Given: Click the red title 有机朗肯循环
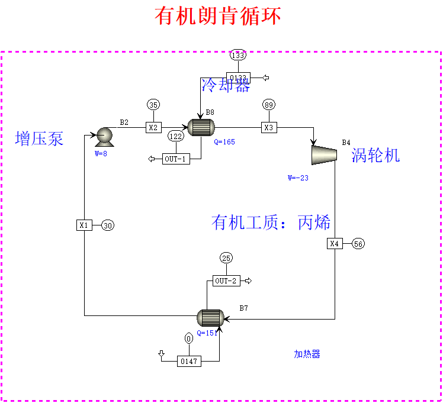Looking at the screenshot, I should click(x=218, y=16).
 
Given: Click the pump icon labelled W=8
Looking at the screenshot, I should click(x=105, y=137).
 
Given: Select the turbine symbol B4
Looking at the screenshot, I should click(x=324, y=154).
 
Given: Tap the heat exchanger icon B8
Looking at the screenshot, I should click(x=200, y=127).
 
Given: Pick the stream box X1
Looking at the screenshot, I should click(x=84, y=225).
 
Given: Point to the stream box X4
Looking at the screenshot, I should click(x=335, y=243).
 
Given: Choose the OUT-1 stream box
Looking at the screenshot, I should click(x=176, y=159).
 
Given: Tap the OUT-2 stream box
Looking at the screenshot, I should click(x=226, y=281).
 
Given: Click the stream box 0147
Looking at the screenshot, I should click(x=189, y=360).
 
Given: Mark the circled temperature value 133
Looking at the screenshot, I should click(x=238, y=56).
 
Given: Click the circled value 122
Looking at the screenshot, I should click(x=176, y=136).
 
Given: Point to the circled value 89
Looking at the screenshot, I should click(x=269, y=105).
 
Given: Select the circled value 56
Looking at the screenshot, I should click(x=358, y=243).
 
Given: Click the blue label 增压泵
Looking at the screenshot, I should click(x=39, y=139).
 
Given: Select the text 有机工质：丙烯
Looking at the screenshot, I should click(x=271, y=223).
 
